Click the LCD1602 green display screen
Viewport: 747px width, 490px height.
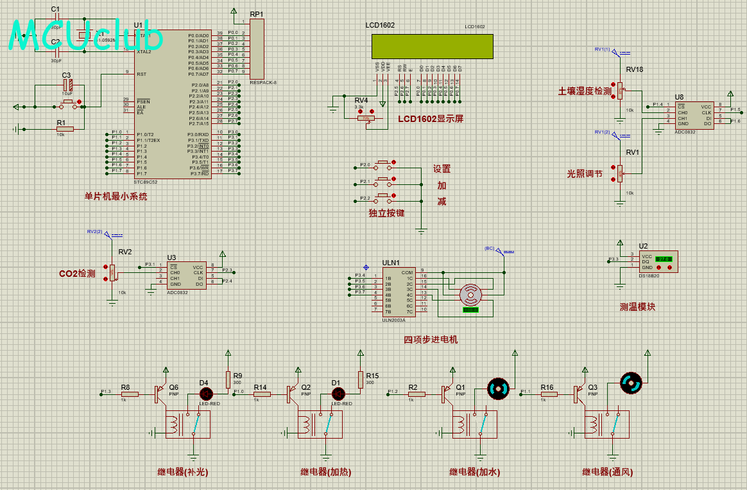click(432, 46)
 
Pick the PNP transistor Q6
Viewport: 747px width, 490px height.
click(158, 394)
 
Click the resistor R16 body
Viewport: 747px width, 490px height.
click(549, 394)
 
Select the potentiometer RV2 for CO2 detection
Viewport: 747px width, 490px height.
click(113, 272)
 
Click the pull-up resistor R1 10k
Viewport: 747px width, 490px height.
click(64, 129)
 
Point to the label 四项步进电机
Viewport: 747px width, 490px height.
click(431, 339)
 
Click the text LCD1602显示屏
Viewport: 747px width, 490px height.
click(430, 119)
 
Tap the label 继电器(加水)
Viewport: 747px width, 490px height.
click(474, 472)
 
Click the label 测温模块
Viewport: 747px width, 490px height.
click(637, 307)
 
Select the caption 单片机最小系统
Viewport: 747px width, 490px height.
click(116, 197)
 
